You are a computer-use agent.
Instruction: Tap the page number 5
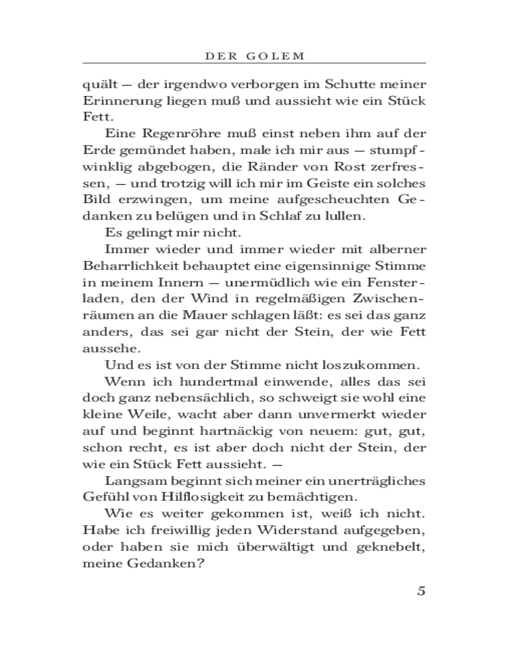pos(421,591)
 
